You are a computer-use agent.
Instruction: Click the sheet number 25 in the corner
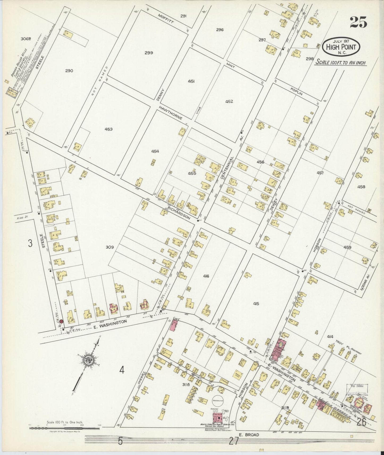pyautogui.click(x=358, y=22)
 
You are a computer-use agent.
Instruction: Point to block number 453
pyautogui.click(x=108, y=129)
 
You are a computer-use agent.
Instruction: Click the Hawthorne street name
pyautogui.click(x=171, y=113)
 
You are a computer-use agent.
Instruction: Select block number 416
pyautogui.click(x=206, y=276)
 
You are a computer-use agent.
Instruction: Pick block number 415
pyautogui.click(x=256, y=304)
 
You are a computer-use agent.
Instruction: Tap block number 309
pyautogui.click(x=109, y=247)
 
